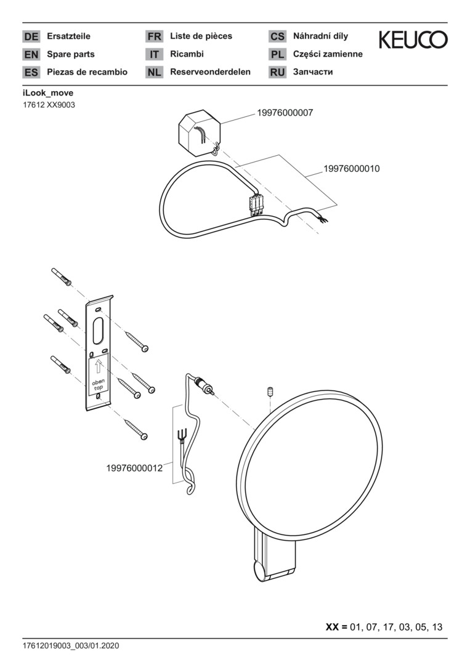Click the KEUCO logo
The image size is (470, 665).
coord(413,39)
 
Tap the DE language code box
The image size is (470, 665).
coord(31,36)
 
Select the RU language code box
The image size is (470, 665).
coord(277,72)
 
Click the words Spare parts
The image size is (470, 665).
coord(71,54)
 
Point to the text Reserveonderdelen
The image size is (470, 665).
coord(211,72)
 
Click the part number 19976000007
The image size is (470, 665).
coord(285,113)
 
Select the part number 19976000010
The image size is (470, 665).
coord(352,169)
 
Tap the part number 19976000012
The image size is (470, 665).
coord(134,468)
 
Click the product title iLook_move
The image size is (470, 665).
coord(48,93)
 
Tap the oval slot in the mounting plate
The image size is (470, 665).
coord(98,331)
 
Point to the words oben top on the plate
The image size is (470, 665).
coord(99,385)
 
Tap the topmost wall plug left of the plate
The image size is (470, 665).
coord(62,277)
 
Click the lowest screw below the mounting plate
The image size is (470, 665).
coord(136,429)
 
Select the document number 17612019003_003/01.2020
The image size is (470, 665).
coord(71,646)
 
